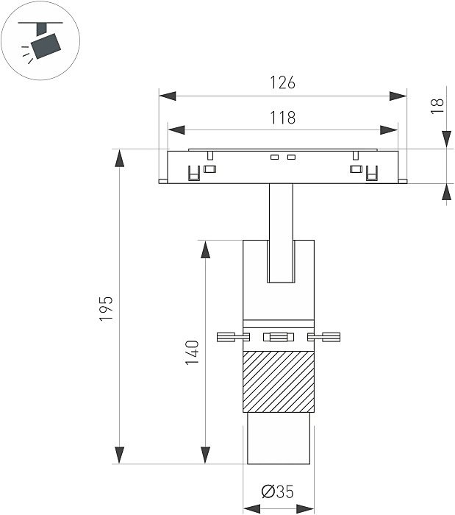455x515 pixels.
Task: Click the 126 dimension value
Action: click(282, 83)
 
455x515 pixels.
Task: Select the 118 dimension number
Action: click(282, 118)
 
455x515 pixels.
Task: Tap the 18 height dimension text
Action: click(439, 104)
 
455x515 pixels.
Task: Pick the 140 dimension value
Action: click(193, 352)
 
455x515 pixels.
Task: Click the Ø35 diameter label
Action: click(277, 491)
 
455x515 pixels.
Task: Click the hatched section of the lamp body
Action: click(279, 381)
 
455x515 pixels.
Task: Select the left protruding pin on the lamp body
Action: click(231, 338)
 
